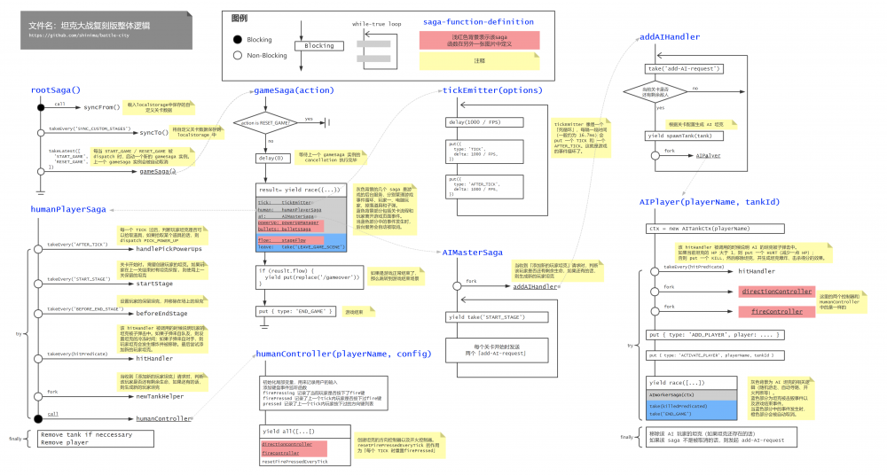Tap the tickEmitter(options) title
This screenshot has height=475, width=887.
click(x=491, y=90)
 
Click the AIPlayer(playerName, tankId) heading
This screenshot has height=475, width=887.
click(x=709, y=202)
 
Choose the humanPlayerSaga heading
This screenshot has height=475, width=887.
click(x=67, y=209)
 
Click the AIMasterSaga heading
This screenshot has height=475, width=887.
click(x=472, y=252)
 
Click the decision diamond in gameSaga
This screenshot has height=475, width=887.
click(x=264, y=124)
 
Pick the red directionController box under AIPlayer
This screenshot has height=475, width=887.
click(x=775, y=292)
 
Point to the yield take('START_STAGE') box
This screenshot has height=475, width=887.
click(x=487, y=316)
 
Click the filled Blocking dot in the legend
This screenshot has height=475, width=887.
click(x=237, y=40)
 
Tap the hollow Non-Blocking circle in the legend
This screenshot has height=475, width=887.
click(x=237, y=55)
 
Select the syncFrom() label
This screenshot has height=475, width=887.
click(x=101, y=107)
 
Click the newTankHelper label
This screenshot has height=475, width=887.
click(x=160, y=396)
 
